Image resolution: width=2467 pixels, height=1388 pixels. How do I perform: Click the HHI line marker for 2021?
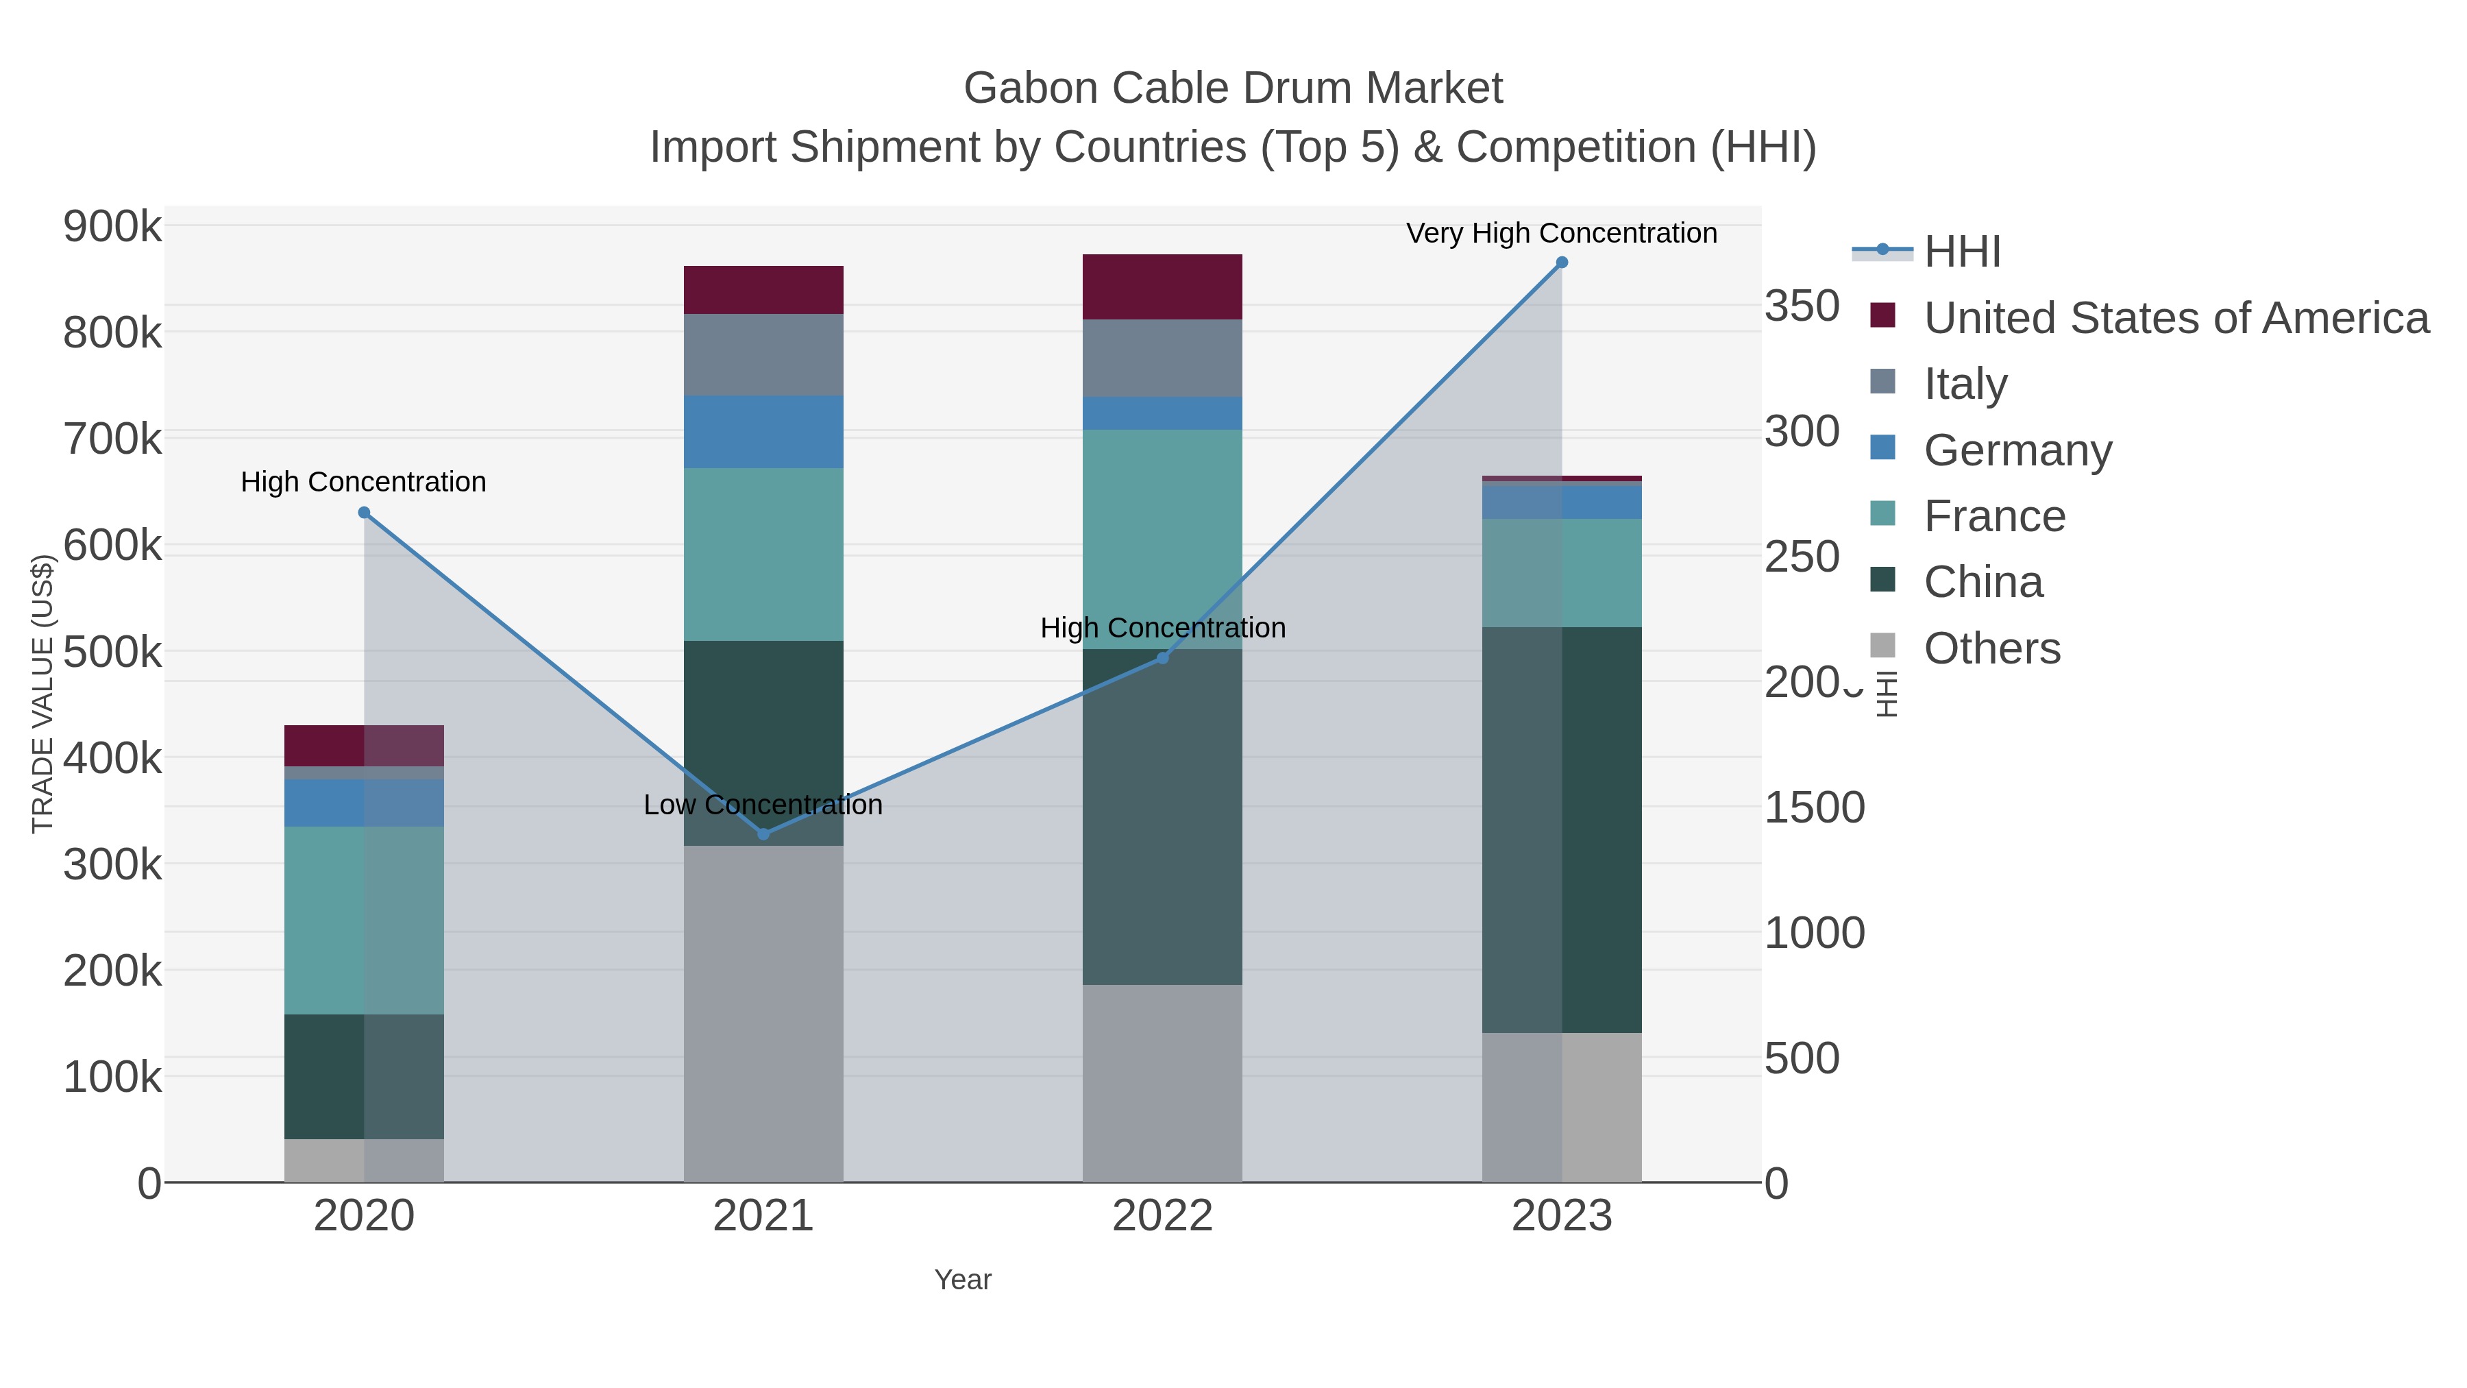[x=763, y=833]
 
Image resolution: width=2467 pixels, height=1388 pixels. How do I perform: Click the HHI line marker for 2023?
[x=1562, y=263]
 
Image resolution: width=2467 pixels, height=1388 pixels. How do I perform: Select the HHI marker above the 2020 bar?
[x=364, y=513]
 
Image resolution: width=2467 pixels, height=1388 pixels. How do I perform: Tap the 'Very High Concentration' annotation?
[x=1561, y=233]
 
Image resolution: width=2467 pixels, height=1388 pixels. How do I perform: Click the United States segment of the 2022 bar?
[x=1162, y=287]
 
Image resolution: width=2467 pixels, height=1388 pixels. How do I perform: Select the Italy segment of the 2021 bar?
[x=763, y=354]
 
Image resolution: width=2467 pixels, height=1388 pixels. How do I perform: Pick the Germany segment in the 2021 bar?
[x=763, y=431]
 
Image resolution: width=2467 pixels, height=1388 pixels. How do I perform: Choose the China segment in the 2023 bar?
[x=1562, y=829]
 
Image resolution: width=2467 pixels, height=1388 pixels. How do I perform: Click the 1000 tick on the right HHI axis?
[x=1814, y=933]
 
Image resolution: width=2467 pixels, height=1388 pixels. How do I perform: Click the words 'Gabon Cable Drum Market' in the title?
[x=1233, y=88]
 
